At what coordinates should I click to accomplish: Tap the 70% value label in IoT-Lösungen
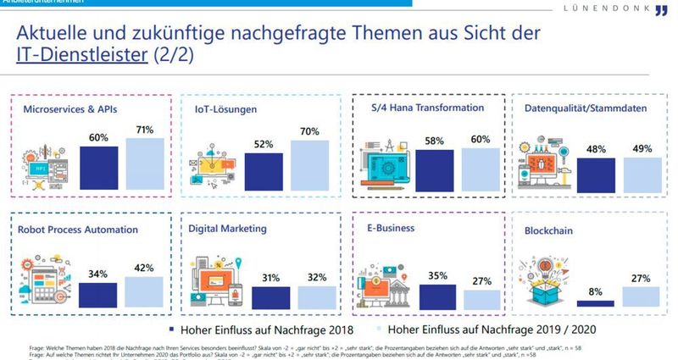(310, 131)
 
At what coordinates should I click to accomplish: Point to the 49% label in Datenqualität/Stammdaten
(642, 149)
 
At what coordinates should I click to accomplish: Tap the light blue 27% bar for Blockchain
(642, 297)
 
